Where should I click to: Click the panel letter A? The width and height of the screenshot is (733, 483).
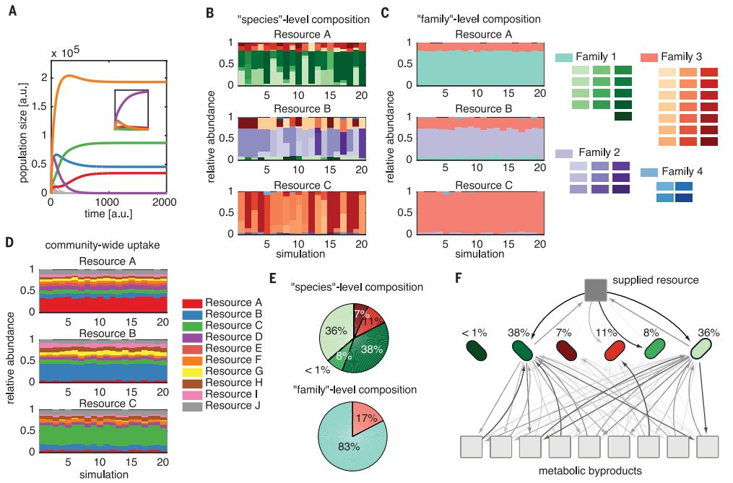tap(12, 12)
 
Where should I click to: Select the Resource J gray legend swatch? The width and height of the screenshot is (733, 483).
tap(191, 405)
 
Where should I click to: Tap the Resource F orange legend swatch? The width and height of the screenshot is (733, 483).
tap(191, 359)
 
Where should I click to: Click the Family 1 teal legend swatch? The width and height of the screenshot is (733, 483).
tap(565, 56)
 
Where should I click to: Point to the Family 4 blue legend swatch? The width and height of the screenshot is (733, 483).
tap(649, 173)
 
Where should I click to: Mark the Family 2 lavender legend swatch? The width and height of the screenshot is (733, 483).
tap(565, 154)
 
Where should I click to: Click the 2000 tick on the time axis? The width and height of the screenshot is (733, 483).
tap(165, 203)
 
